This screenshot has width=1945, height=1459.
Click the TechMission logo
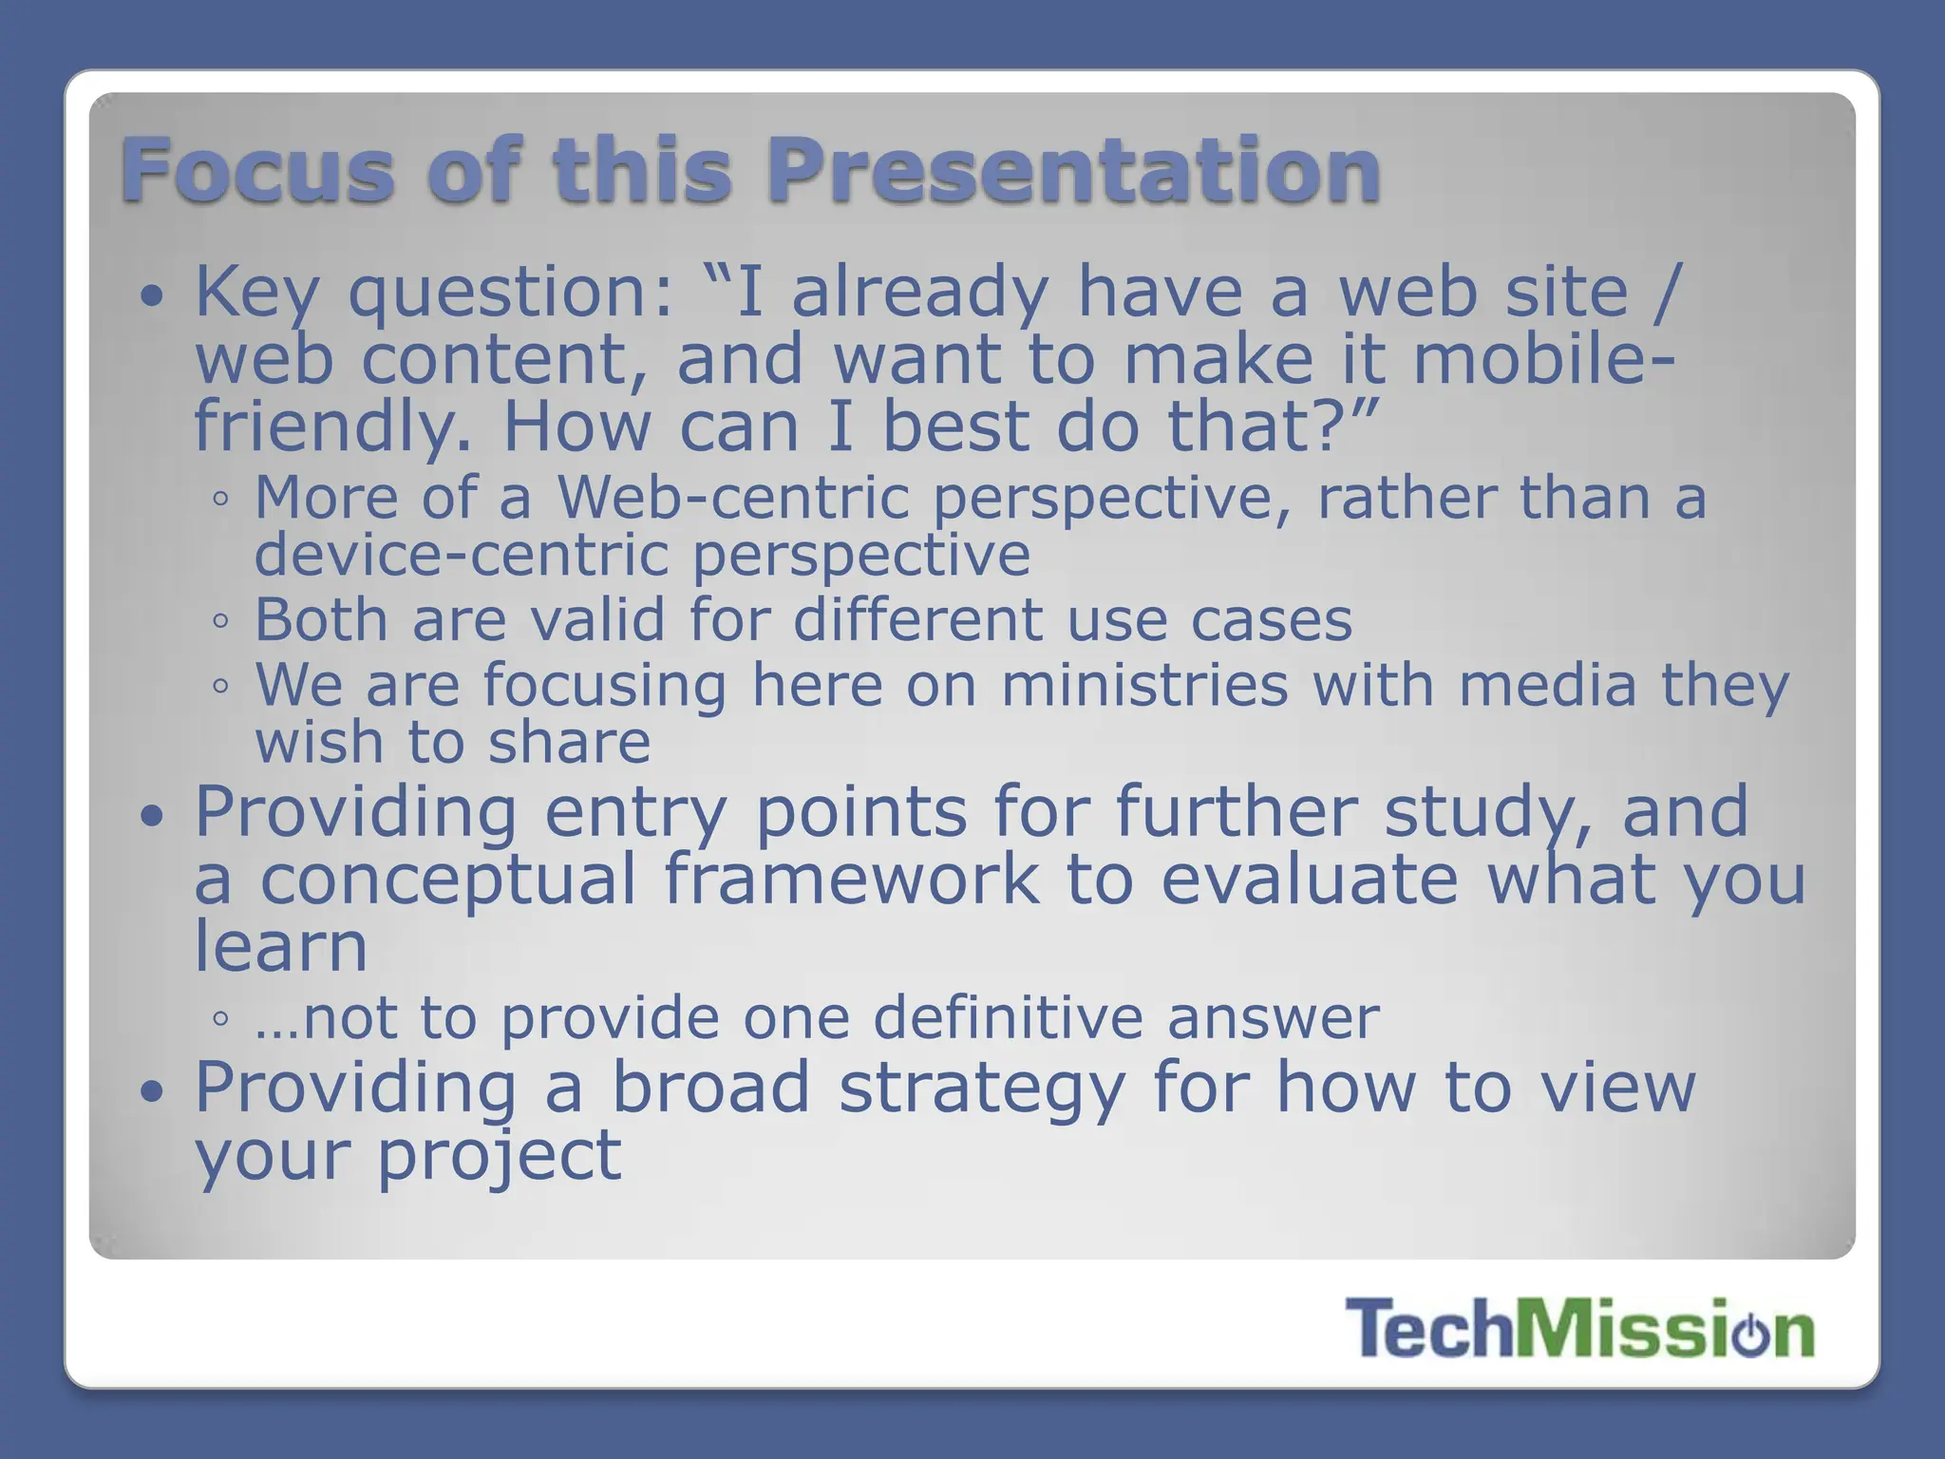(1579, 1329)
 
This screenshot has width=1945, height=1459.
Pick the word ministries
(1144, 685)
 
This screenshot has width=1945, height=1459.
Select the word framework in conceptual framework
(851, 879)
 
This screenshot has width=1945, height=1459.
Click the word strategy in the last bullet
(982, 1088)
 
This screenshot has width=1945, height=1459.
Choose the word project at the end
(500, 1155)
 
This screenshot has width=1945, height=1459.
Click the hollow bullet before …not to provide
(220, 1019)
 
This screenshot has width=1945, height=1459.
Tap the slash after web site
(1668, 293)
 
